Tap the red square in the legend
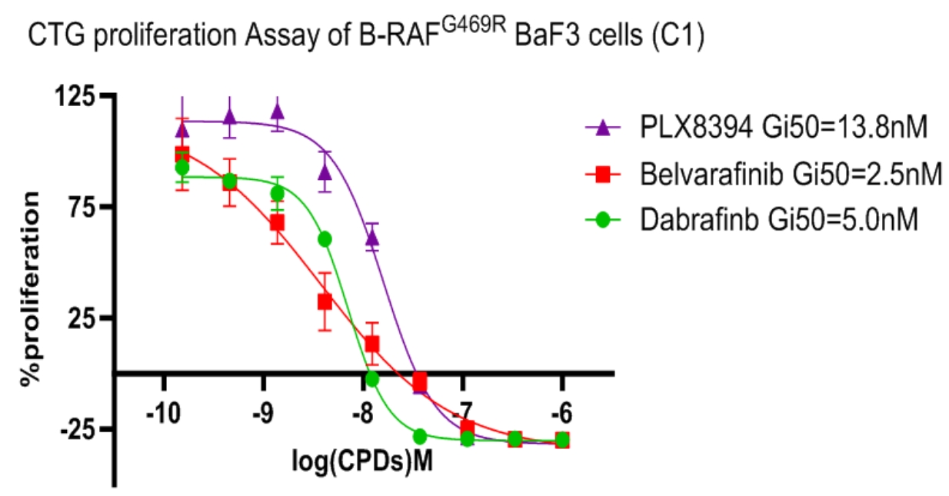pyautogui.click(x=603, y=175)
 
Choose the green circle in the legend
pyautogui.click(x=603, y=220)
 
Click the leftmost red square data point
pyautogui.click(x=182, y=154)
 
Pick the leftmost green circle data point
pyautogui.click(x=182, y=167)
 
